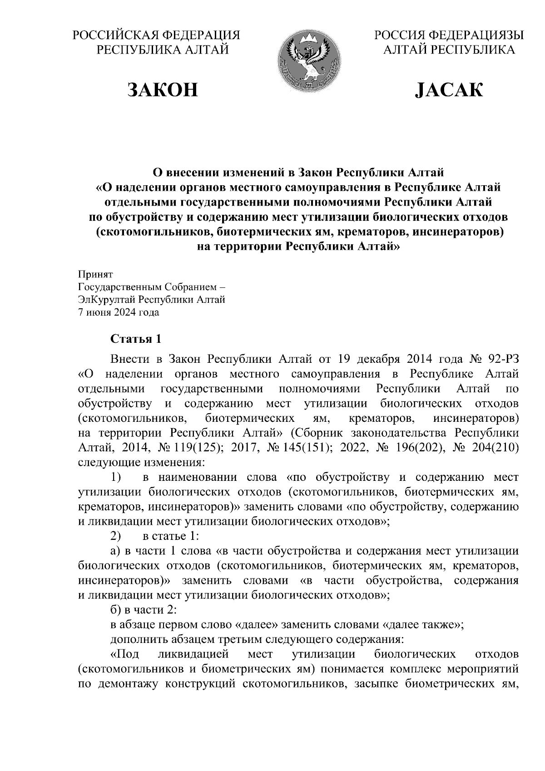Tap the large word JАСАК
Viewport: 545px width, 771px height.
(449, 90)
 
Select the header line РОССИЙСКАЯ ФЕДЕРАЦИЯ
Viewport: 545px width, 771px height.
(157, 35)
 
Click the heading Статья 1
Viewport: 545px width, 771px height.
(136, 339)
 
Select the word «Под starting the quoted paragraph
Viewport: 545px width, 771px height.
(125, 654)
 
